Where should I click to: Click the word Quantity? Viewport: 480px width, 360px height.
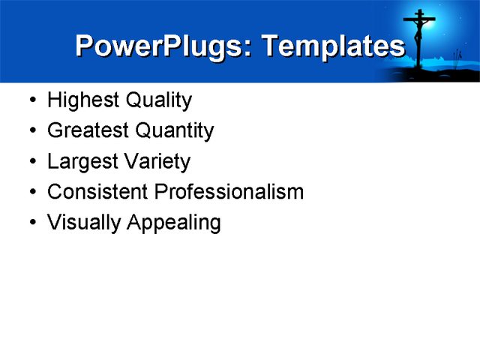tap(175, 131)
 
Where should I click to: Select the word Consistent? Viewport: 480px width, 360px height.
tap(98, 192)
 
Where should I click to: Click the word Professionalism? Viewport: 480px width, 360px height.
tap(229, 192)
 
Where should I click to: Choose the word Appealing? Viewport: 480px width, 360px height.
tap(174, 223)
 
